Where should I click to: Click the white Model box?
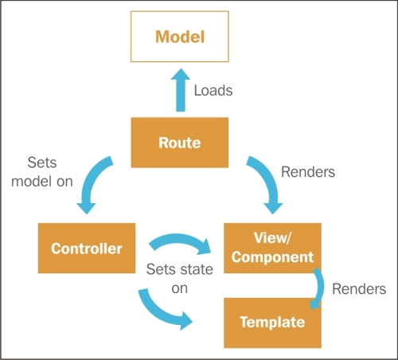[179, 37]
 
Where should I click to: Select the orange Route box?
[179, 143]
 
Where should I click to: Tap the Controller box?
[87, 248]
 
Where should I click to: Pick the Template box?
[273, 322]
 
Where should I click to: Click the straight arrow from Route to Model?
[179, 92]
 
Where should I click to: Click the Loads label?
[213, 90]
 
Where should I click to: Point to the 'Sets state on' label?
[179, 278]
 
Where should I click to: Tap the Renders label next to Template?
[359, 288]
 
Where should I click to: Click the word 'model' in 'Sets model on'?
[31, 181]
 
